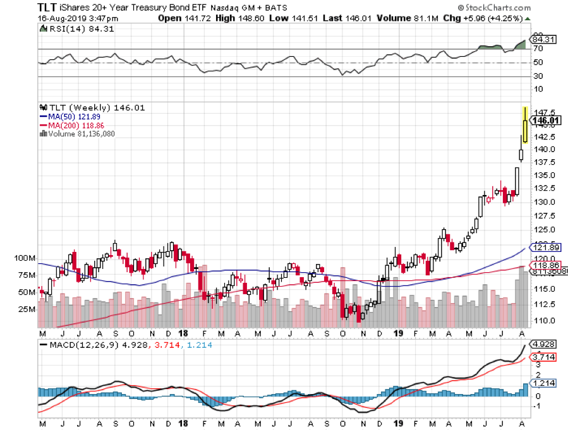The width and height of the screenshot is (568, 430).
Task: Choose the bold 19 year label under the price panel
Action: [x=399, y=333]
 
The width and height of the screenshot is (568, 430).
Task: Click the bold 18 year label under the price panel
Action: [x=183, y=333]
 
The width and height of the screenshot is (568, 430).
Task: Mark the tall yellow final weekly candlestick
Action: [x=526, y=125]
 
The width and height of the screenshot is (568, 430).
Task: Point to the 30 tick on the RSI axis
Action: [x=540, y=77]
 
